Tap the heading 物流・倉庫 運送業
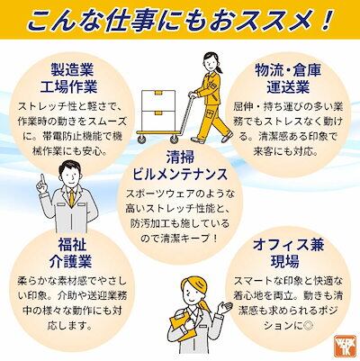click(288, 78)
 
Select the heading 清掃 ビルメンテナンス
click(180, 166)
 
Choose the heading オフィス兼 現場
click(288, 253)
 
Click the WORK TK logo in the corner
click(345, 346)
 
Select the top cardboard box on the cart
click(158, 99)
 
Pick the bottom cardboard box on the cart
click(158, 121)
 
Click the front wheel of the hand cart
click(174, 139)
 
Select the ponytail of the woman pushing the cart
click(220, 68)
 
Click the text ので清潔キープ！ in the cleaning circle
click(179, 239)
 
